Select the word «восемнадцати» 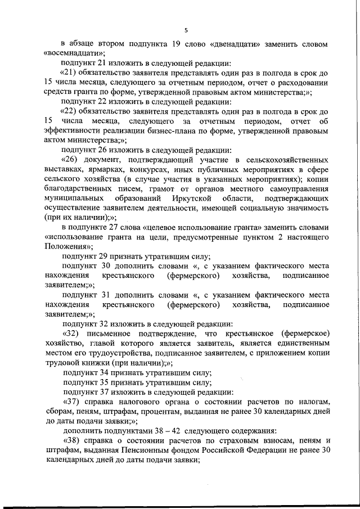tap(70, 53)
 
